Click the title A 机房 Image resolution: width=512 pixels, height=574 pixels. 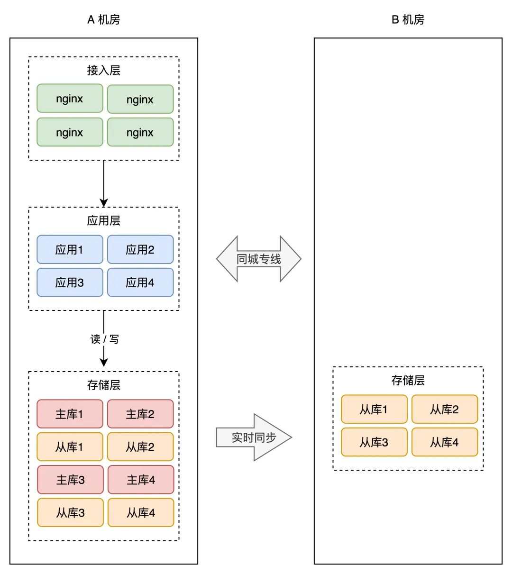(x=103, y=19)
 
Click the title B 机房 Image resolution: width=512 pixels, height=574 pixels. (x=408, y=19)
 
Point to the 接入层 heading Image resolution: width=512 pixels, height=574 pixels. (x=103, y=70)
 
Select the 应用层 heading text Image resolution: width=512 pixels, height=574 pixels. (x=103, y=220)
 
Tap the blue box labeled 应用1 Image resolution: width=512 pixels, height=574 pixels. (x=70, y=249)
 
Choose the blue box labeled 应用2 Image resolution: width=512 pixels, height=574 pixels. (x=140, y=249)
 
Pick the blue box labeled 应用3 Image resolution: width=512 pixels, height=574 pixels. (x=70, y=282)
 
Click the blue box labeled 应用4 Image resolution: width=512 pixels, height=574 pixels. (x=140, y=282)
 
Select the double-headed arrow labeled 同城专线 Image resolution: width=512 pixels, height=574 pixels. (x=259, y=259)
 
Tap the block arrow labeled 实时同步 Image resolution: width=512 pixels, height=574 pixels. (x=254, y=437)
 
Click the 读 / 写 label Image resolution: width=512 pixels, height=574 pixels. (x=104, y=339)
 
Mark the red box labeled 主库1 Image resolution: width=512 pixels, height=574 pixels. (x=70, y=414)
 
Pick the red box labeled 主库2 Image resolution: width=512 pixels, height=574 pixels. (x=140, y=414)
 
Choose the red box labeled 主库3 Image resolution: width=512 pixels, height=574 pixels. (x=70, y=480)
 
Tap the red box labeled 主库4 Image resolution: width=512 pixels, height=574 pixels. (x=141, y=480)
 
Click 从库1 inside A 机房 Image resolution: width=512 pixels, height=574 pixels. (x=70, y=446)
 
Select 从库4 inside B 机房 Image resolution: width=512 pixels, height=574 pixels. (x=445, y=442)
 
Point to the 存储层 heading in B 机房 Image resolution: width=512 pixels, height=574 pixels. (x=408, y=380)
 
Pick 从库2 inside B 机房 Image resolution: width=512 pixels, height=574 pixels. (x=445, y=409)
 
